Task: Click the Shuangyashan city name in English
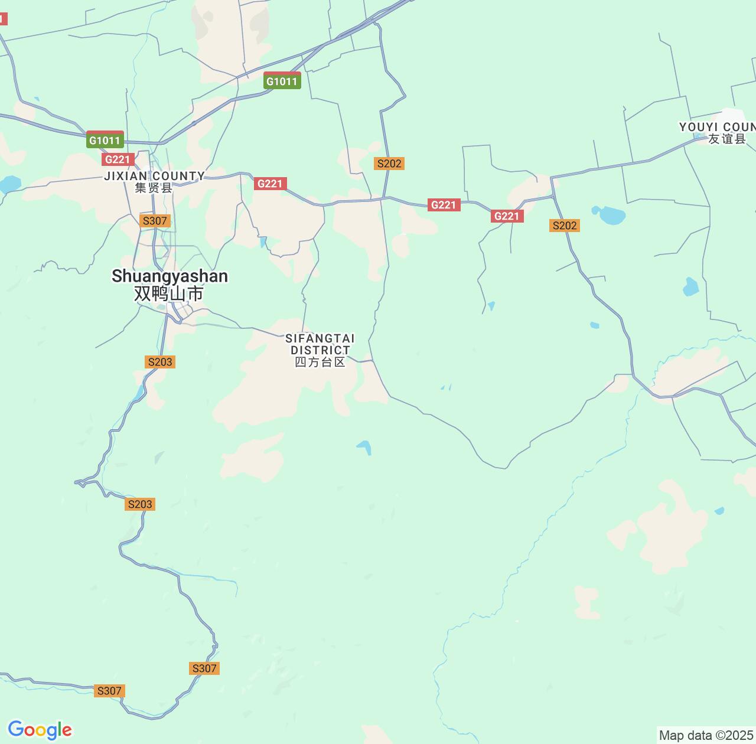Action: coord(170,276)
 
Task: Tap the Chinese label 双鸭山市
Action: coord(169,293)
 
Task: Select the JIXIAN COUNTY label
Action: coord(154,176)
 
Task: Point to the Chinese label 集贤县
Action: coord(154,188)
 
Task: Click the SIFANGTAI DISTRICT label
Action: coord(320,344)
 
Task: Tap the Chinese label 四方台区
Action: coord(320,362)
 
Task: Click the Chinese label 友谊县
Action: coord(727,139)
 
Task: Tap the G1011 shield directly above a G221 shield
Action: coord(105,140)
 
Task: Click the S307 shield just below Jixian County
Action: coord(155,221)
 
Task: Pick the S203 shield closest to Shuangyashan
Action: coord(160,362)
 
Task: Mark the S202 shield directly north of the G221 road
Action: coord(389,164)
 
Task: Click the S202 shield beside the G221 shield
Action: coord(565,226)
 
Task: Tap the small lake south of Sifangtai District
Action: coord(364,447)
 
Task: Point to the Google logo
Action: coord(40,730)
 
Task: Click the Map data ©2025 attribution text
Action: coord(706,736)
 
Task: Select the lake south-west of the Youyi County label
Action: coord(610,215)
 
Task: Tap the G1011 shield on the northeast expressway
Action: coord(282,81)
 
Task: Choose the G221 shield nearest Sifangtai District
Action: coord(271,184)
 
